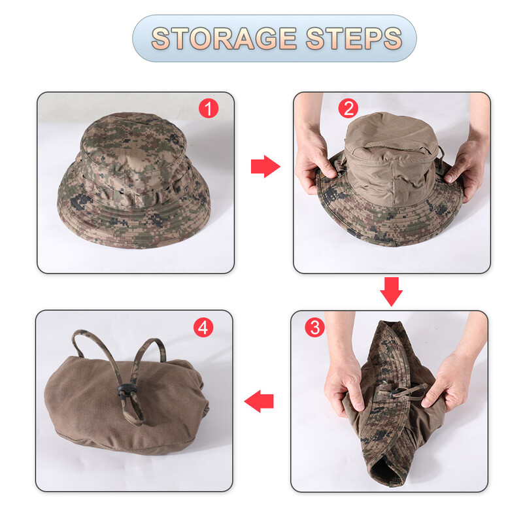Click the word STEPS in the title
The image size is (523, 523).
[x=356, y=38]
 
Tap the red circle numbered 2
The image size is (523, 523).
[x=348, y=109]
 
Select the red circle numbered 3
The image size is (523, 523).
[x=315, y=327]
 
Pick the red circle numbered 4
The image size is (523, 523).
[x=203, y=327]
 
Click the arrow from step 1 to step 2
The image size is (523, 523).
[x=264, y=167]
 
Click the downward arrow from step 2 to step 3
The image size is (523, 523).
[x=391, y=291]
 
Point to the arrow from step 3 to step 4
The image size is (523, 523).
[x=260, y=400]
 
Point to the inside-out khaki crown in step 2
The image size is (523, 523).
[x=391, y=163]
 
